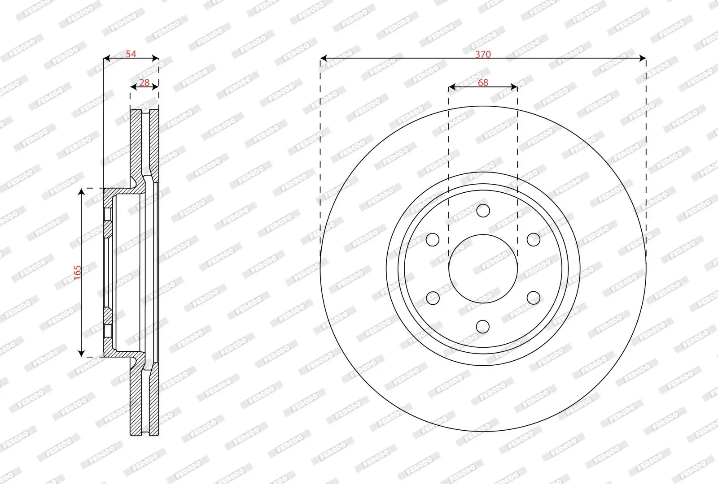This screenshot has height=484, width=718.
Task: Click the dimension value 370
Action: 483,54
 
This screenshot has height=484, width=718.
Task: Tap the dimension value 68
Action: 483,82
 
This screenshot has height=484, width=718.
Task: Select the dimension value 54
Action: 131,54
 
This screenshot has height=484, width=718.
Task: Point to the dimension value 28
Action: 144,82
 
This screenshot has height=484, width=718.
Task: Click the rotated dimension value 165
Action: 77,272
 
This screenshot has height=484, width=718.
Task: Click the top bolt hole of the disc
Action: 483,211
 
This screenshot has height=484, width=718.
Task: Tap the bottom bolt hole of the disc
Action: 483,327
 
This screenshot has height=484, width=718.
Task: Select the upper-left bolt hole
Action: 433,239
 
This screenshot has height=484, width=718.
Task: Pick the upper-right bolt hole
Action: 534,239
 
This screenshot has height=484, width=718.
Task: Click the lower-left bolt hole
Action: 433,298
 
